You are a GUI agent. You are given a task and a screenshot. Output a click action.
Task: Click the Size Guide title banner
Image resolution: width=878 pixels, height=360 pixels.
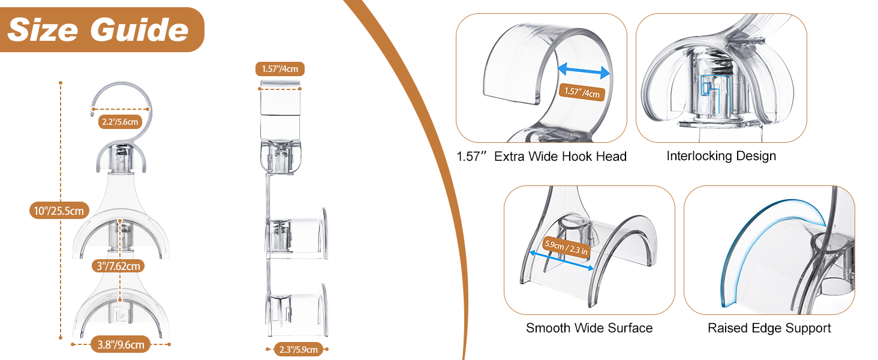tap(102, 29)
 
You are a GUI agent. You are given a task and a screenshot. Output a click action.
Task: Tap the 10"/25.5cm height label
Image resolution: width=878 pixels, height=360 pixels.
tap(59, 211)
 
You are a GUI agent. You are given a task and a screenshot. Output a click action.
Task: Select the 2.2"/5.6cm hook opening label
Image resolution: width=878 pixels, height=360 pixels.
tap(121, 122)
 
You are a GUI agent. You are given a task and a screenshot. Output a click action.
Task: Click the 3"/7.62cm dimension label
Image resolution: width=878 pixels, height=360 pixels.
tap(118, 266)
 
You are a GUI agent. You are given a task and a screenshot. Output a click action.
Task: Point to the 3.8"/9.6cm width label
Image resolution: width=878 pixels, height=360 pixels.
tap(121, 344)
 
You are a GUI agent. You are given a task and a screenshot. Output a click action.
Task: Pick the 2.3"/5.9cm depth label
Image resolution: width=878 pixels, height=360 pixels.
tap(299, 349)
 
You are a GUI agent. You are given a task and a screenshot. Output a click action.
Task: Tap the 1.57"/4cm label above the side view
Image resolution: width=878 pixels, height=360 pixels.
tap(280, 69)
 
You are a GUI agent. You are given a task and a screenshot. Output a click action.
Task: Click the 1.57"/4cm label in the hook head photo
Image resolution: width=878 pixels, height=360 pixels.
tap(582, 92)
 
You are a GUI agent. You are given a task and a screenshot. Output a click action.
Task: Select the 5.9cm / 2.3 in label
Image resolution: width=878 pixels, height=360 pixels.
tap(566, 247)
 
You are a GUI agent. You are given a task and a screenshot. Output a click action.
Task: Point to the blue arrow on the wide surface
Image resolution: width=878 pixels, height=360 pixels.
tap(561, 260)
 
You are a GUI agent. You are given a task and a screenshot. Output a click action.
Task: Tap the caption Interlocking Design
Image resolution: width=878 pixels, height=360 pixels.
tap(721, 156)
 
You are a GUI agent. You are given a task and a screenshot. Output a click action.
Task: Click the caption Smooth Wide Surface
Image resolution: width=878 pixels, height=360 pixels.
tap(589, 328)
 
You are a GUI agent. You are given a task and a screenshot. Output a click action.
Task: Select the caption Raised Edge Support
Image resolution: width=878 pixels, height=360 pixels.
tap(769, 328)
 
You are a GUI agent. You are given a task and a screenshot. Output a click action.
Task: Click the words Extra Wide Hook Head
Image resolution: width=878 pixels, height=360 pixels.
tap(560, 157)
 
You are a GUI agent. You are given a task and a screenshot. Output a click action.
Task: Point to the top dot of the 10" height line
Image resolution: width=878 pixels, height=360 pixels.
tap(61, 83)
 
